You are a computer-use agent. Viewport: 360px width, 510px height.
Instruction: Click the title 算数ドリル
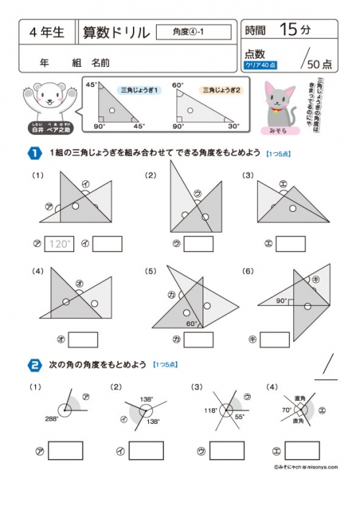point(116,32)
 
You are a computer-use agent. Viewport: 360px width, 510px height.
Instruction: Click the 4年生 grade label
point(48,32)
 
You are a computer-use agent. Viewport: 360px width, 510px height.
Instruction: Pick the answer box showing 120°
point(60,244)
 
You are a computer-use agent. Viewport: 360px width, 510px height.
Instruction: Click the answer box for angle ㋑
point(107,244)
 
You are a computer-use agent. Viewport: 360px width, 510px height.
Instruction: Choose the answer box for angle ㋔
point(83,339)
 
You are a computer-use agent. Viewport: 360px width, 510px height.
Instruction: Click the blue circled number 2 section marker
point(34,365)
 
